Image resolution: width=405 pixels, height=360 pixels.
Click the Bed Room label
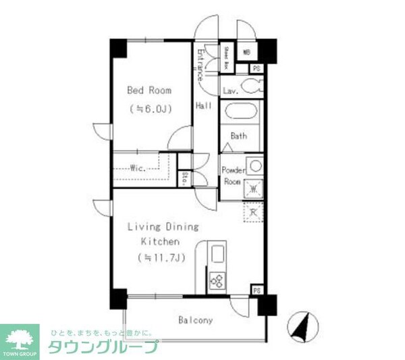(150, 90)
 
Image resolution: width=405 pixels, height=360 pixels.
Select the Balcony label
(196, 320)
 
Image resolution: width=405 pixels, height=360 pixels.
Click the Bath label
(239, 136)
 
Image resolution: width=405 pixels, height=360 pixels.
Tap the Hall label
(203, 106)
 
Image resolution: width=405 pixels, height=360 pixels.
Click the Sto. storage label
(184, 178)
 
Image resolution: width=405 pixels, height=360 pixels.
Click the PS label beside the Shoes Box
(256, 68)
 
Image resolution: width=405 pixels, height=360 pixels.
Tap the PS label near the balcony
(256, 290)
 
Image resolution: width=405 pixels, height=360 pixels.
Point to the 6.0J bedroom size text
(150, 108)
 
